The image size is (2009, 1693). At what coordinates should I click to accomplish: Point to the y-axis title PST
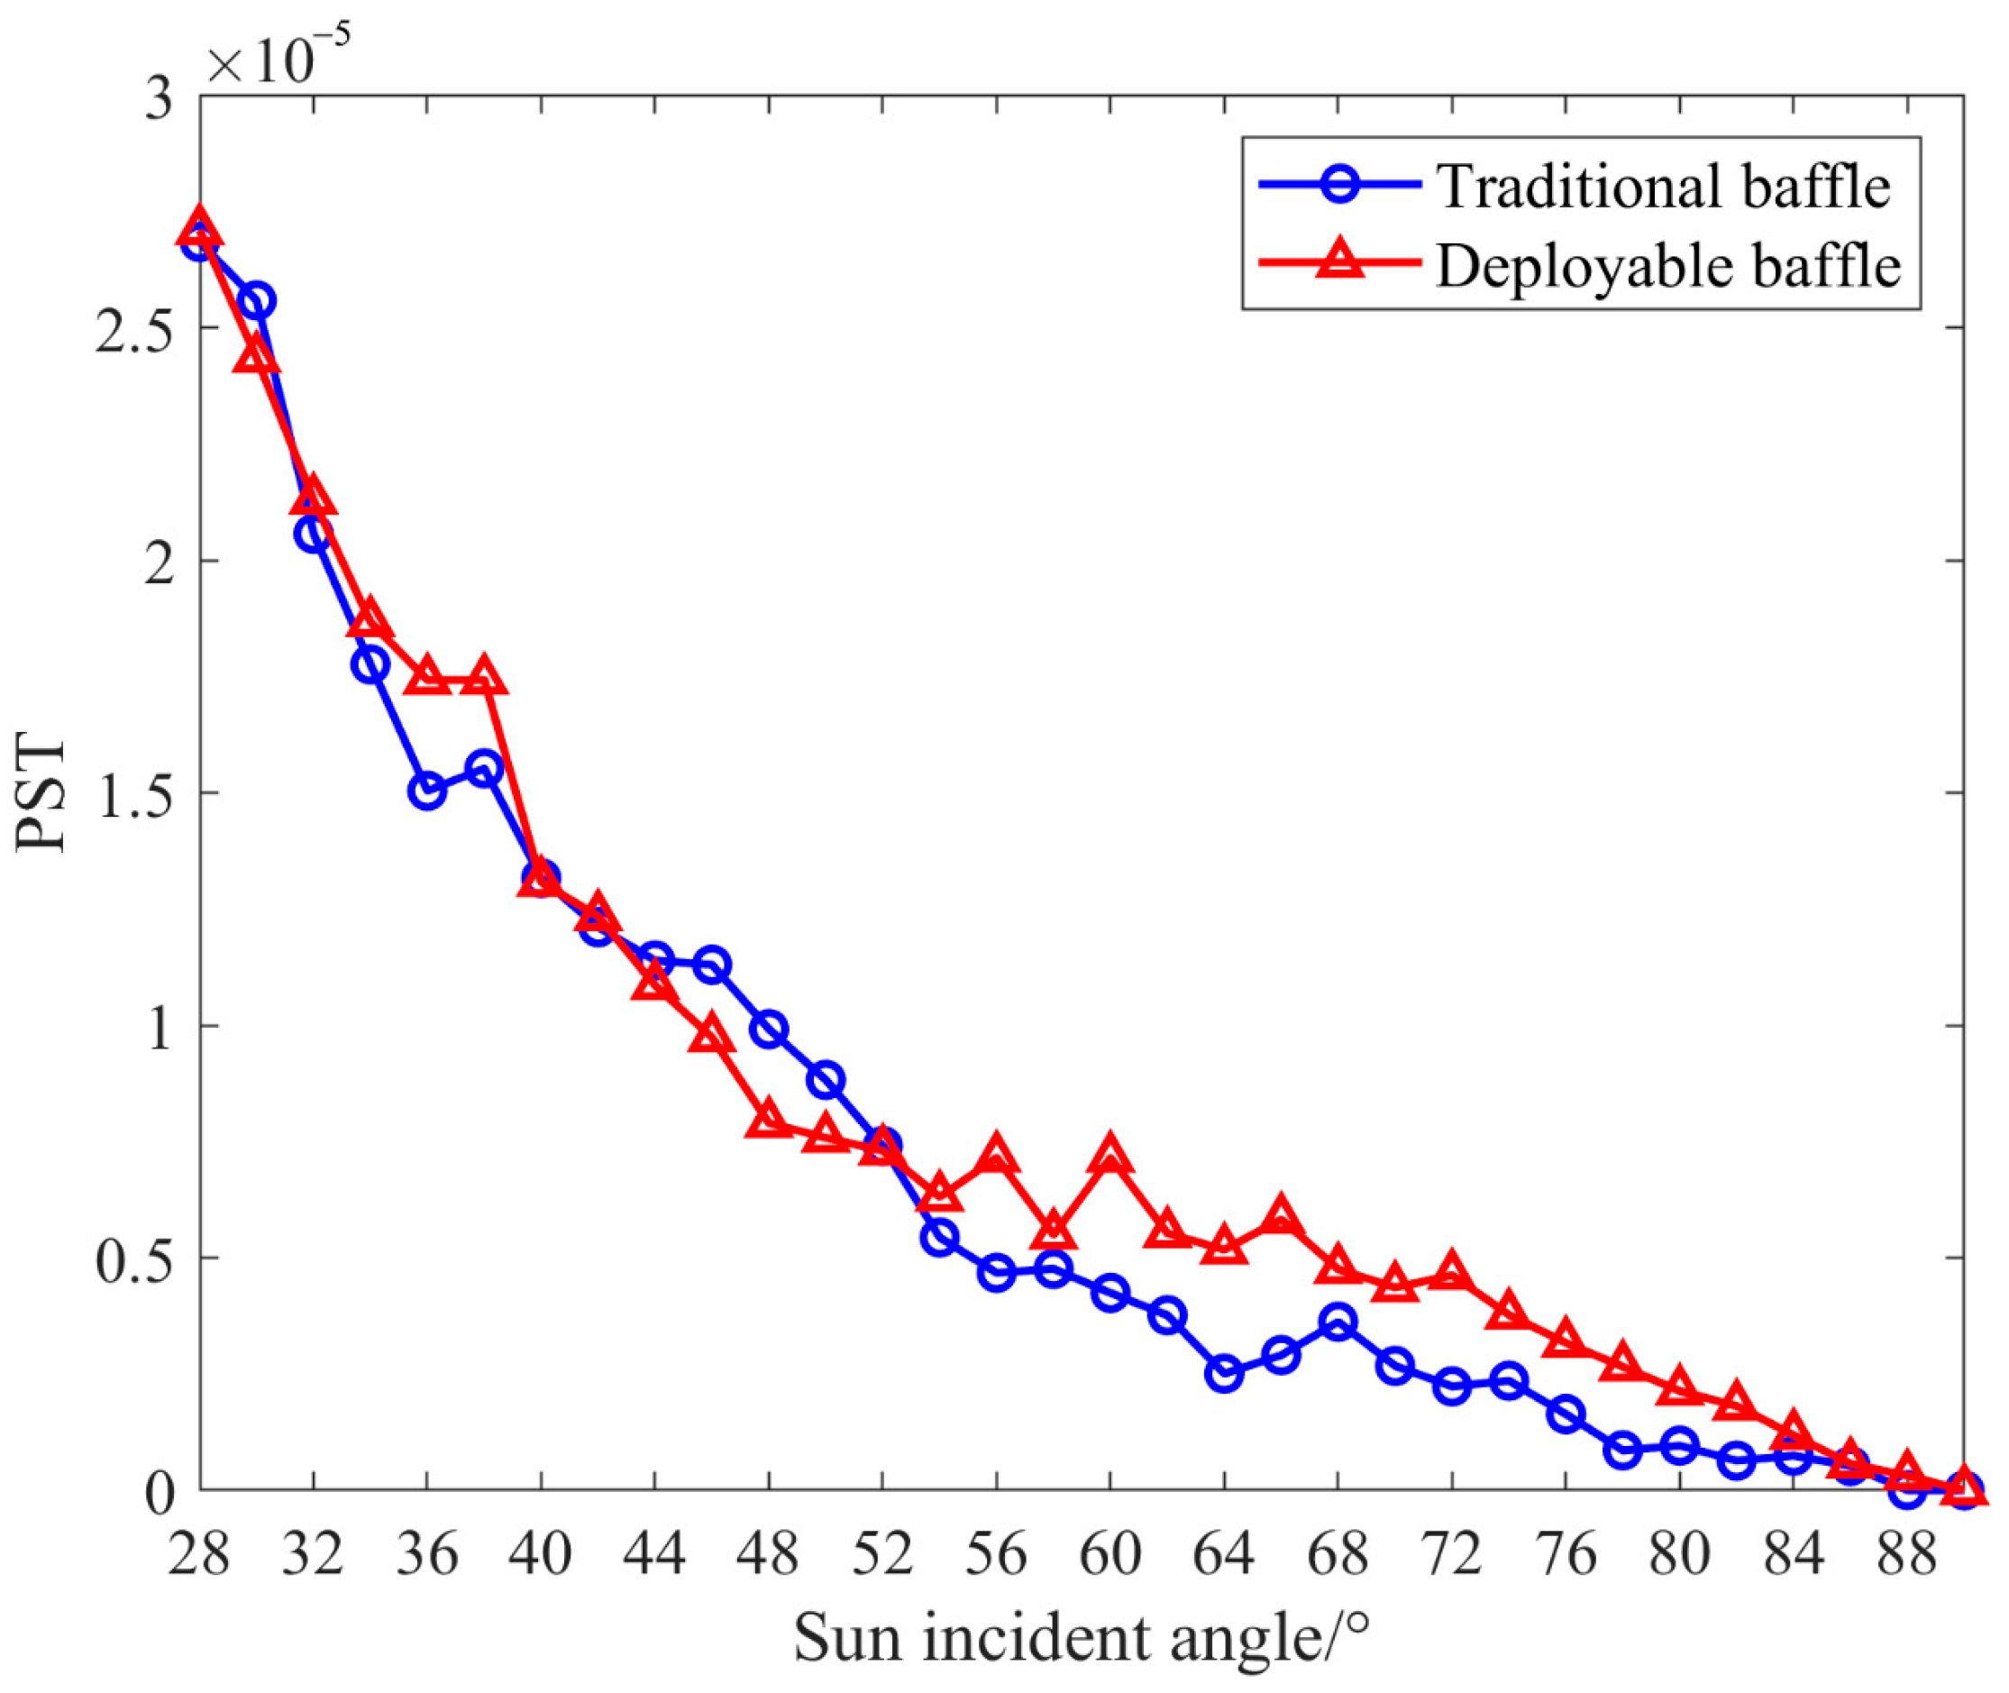[x=41, y=795]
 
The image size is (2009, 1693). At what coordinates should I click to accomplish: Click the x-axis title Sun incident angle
[x=1081, y=1639]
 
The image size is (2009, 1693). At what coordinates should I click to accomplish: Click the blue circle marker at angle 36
[x=428, y=791]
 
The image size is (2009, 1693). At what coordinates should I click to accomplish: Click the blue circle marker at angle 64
[x=1224, y=1373]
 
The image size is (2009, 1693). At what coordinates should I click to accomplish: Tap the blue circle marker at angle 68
[x=1338, y=1322]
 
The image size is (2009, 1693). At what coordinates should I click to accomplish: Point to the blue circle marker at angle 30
[x=257, y=301]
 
